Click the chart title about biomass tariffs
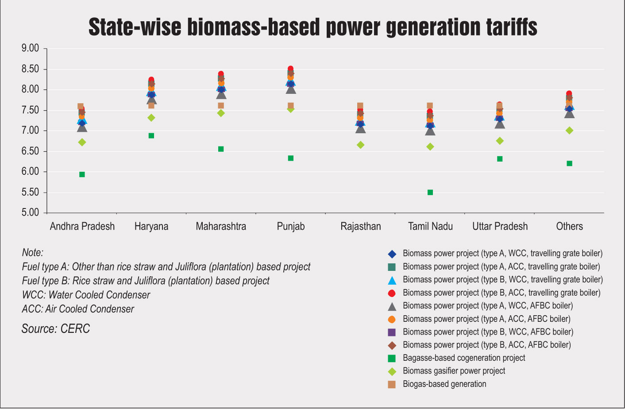[x=313, y=27]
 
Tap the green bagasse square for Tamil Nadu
[x=430, y=193]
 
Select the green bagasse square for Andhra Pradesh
[x=82, y=175]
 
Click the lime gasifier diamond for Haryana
[x=151, y=118]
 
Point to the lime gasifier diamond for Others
[x=570, y=131]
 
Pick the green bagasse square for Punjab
[x=291, y=158]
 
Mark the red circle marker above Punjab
[x=290, y=68]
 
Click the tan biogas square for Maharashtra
[x=221, y=106]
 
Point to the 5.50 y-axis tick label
[x=30, y=193]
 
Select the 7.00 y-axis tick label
[x=30, y=131]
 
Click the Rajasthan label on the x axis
[x=361, y=226]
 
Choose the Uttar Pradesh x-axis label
[x=500, y=226]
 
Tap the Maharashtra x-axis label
[x=221, y=226]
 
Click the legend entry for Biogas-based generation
[x=437, y=384]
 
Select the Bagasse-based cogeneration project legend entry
[x=457, y=358]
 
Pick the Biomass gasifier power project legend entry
[x=447, y=371]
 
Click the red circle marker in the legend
[x=392, y=293]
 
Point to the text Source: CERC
[x=56, y=328]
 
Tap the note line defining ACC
[x=78, y=309]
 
